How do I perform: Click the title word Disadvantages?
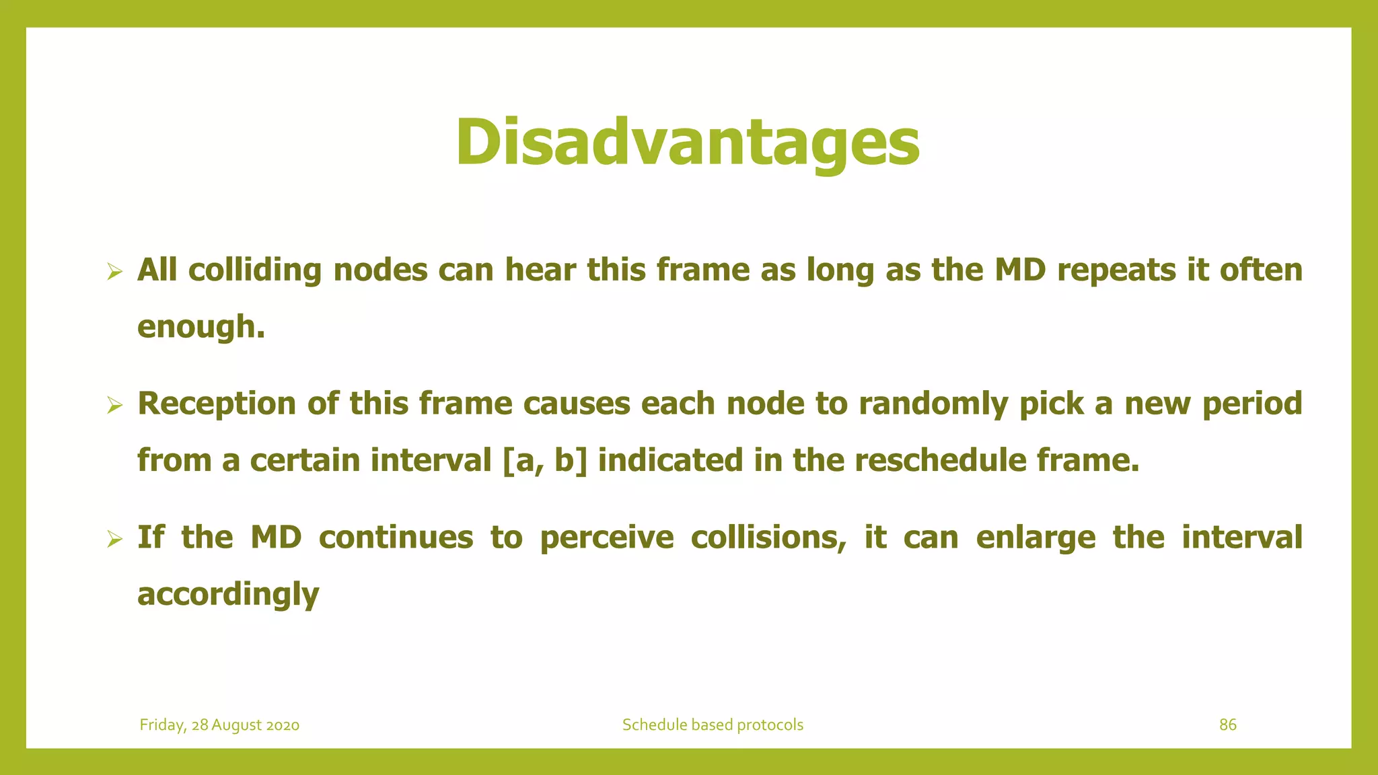(688, 143)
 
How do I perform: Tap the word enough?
(201, 327)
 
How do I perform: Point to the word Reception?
(217, 404)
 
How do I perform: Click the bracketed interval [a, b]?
(544, 461)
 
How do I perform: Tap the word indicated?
(670, 461)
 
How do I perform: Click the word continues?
(396, 538)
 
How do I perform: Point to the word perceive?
(606, 538)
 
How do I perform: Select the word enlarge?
(1036, 538)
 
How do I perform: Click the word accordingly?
(228, 595)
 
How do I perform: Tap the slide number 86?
(1228, 725)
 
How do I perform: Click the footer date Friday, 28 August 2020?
(219, 725)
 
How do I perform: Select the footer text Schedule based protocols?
(713, 725)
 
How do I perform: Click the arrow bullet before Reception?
(114, 405)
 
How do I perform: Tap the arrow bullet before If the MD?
(114, 539)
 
